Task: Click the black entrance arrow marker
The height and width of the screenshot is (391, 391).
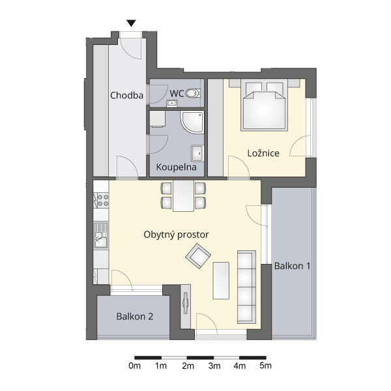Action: click(x=131, y=23)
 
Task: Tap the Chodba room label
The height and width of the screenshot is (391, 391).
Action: click(x=126, y=96)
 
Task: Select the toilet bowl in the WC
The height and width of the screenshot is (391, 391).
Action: click(x=192, y=93)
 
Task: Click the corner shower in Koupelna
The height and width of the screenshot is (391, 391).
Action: click(x=192, y=123)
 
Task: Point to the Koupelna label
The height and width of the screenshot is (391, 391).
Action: click(x=177, y=167)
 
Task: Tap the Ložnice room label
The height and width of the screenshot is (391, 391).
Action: click(x=263, y=153)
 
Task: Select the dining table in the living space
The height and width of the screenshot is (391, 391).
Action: click(x=183, y=195)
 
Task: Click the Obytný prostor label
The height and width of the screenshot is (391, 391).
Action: click(x=176, y=235)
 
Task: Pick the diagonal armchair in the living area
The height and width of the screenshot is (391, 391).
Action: click(x=198, y=256)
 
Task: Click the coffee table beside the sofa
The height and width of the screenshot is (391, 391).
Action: click(x=221, y=280)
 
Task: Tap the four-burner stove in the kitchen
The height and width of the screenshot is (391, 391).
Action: click(x=101, y=200)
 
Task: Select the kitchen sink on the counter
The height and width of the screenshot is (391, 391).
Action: click(x=101, y=236)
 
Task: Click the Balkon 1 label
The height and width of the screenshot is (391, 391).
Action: click(x=292, y=266)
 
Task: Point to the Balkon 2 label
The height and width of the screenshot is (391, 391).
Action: click(x=135, y=317)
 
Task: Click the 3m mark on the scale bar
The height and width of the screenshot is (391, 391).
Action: click(x=214, y=366)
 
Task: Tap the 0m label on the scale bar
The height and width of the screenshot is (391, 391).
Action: click(x=135, y=366)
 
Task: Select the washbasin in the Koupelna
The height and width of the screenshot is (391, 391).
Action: click(x=197, y=153)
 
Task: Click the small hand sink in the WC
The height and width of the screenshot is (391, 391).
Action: click(x=171, y=103)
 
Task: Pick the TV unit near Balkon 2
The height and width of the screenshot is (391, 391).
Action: click(x=186, y=306)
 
